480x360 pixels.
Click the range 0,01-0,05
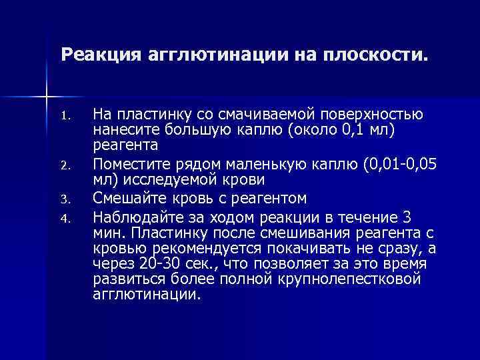(389, 163)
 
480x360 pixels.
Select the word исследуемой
(161, 180)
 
